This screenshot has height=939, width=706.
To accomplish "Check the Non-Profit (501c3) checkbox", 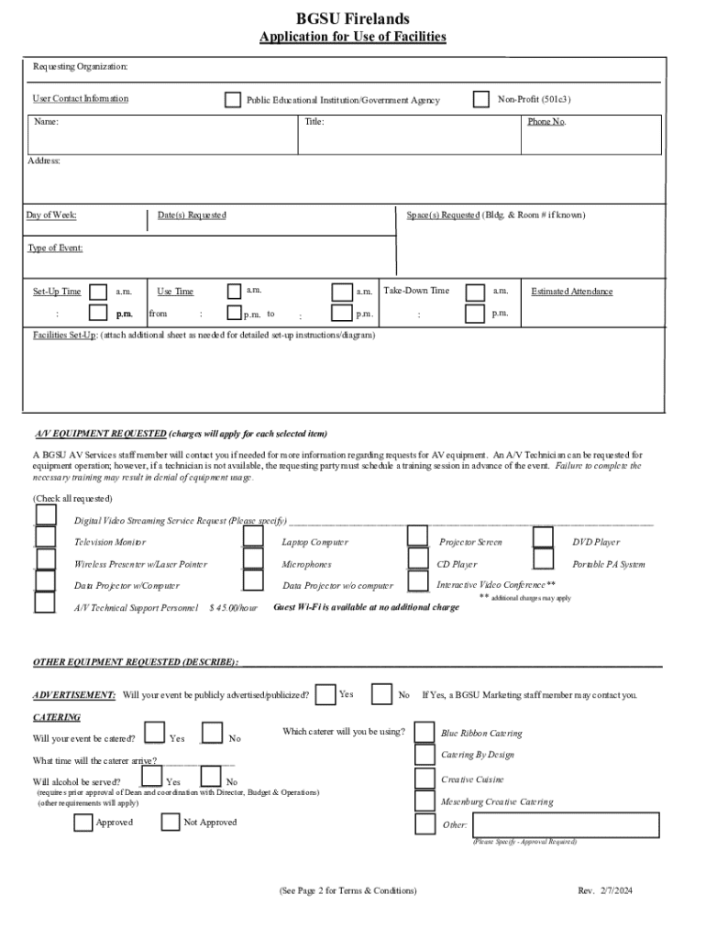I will tap(481, 99).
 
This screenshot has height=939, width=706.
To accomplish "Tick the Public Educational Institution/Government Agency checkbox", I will tap(233, 100).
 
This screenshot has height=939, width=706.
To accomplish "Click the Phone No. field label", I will tap(546, 121).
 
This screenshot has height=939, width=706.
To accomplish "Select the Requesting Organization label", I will tap(81, 67).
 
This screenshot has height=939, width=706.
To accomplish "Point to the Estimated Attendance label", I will tap(572, 292).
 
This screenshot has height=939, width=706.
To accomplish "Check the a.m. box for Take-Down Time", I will tap(476, 292).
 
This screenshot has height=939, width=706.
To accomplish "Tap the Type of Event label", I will tap(55, 248).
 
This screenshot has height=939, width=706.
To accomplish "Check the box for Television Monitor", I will tap(45, 537).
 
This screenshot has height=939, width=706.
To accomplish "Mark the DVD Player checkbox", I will tap(544, 537).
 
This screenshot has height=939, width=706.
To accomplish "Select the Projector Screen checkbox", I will tap(418, 536).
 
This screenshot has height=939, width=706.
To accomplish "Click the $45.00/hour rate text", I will tap(234, 607).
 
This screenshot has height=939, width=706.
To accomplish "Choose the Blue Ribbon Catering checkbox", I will tap(425, 732).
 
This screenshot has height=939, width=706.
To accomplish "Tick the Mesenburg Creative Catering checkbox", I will tap(425, 801).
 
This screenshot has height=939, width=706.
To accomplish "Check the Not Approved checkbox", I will tap(170, 822).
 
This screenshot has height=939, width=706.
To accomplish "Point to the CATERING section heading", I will tap(57, 717).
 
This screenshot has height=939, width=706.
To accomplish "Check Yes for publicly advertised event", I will tap(325, 694).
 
